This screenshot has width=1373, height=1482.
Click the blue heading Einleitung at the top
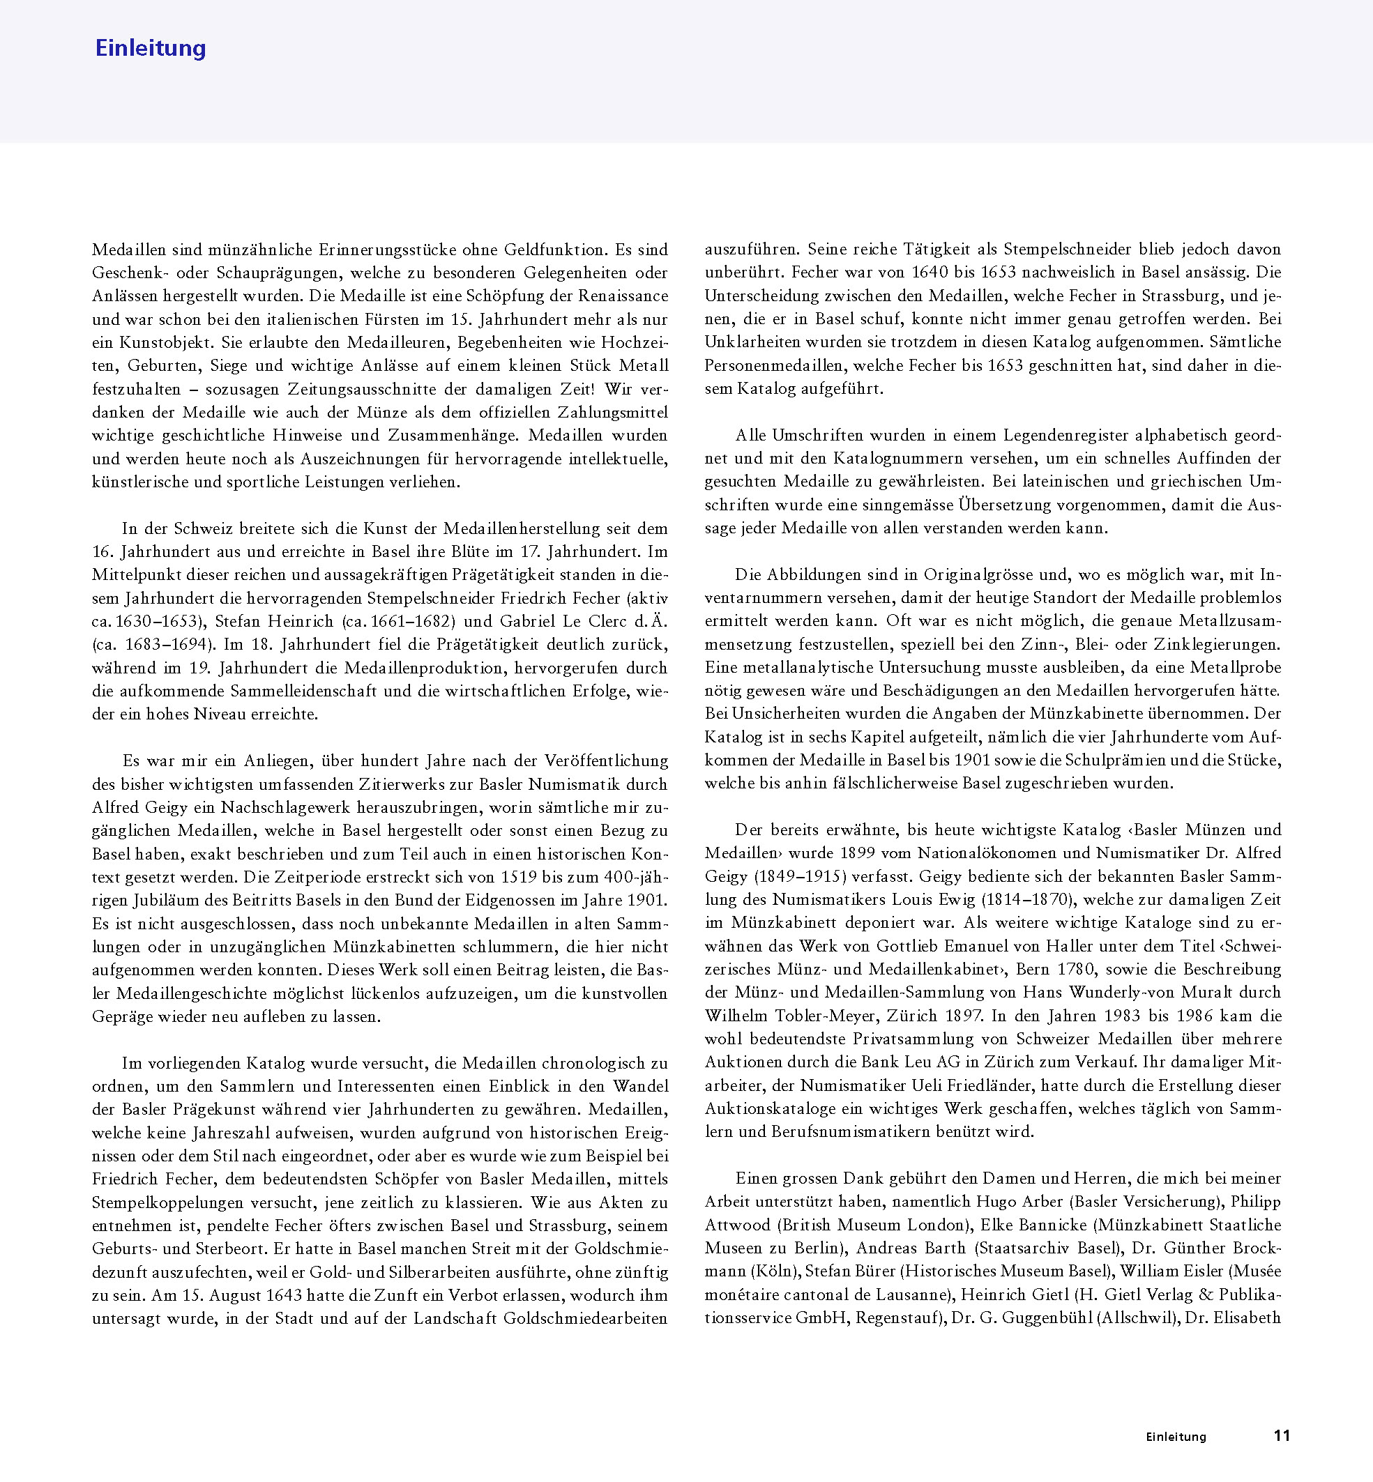pyautogui.click(x=150, y=48)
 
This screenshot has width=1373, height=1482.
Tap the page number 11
pyautogui.click(x=1282, y=1435)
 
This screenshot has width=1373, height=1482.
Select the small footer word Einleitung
pyautogui.click(x=1176, y=1437)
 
